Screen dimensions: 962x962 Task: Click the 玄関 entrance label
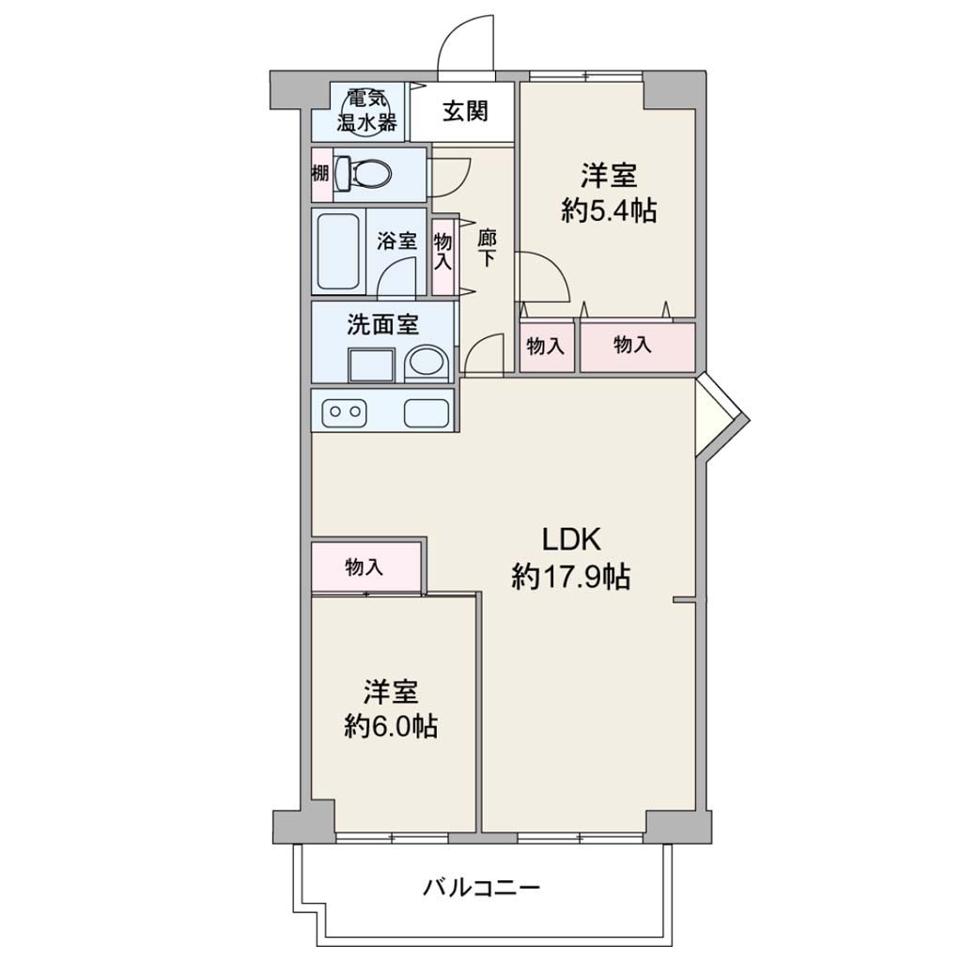click(x=465, y=111)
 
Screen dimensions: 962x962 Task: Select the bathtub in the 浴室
click(x=338, y=252)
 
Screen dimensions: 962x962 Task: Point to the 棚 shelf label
click(x=320, y=174)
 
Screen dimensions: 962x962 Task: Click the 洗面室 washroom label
click(x=383, y=324)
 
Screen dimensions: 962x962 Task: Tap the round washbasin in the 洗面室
click(x=427, y=362)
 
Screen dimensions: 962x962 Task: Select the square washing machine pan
click(x=372, y=365)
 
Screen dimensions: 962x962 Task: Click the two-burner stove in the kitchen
click(x=345, y=412)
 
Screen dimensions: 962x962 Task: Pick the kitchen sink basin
click(x=427, y=412)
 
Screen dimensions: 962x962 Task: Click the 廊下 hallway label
click(x=488, y=247)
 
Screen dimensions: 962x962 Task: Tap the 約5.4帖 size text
click(x=609, y=211)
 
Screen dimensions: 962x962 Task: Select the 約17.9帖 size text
click(x=570, y=577)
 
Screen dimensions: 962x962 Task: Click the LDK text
click(x=570, y=540)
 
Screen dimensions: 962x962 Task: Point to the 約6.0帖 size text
click(x=391, y=727)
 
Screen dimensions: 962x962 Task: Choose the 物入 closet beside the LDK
click(x=365, y=567)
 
